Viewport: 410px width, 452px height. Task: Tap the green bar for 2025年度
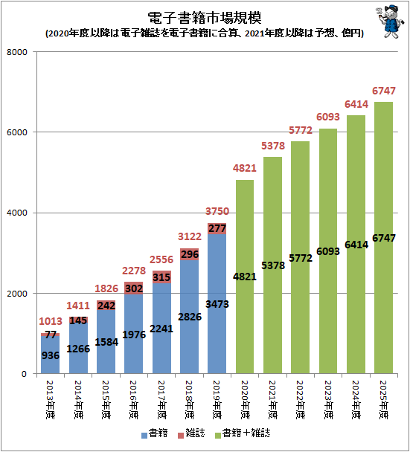click(x=382, y=297)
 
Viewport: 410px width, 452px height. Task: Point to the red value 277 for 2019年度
click(x=217, y=228)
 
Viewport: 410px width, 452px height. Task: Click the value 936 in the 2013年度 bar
click(x=51, y=355)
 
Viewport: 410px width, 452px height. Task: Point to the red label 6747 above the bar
click(x=382, y=91)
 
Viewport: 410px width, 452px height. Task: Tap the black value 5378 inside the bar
click(x=272, y=265)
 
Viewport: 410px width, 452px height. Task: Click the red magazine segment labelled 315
click(x=161, y=277)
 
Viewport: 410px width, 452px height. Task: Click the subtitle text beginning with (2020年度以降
click(x=204, y=33)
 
